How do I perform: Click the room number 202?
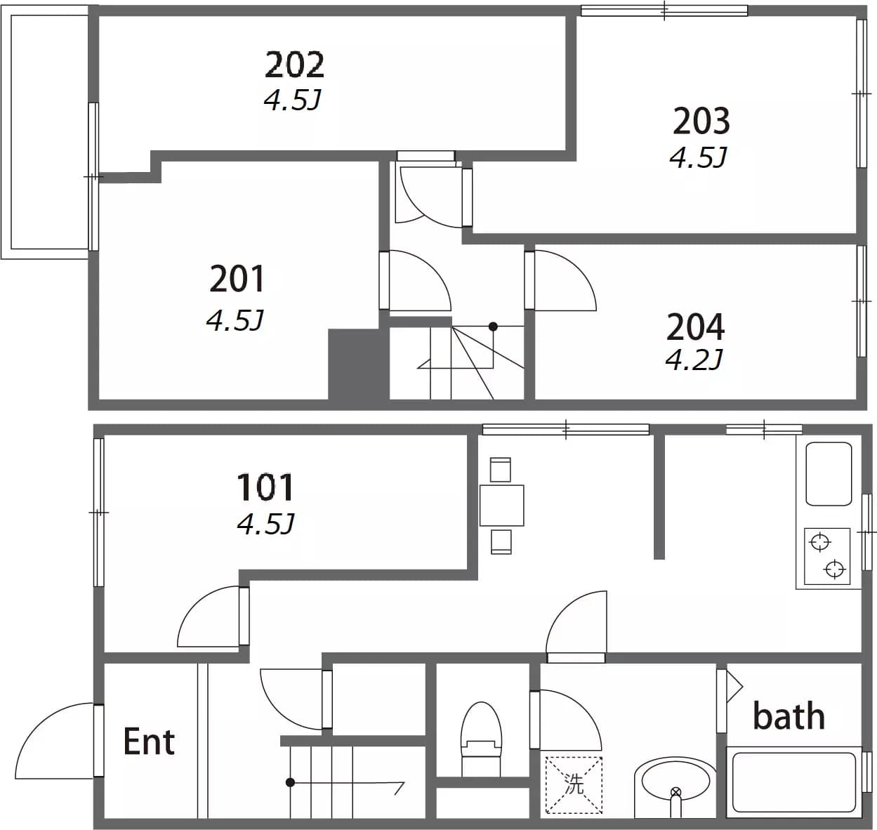click(294, 65)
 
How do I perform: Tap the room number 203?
click(701, 121)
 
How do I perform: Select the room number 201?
click(237, 279)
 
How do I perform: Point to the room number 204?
click(695, 327)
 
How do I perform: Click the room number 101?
click(265, 487)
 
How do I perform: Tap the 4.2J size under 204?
click(694, 360)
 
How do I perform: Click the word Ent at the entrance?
click(149, 742)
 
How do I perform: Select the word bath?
click(789, 716)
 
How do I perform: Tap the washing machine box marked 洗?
click(574, 784)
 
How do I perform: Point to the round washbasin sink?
click(675, 782)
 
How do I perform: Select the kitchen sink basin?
click(829, 474)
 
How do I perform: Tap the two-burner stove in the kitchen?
click(827, 556)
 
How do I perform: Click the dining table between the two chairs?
click(502, 505)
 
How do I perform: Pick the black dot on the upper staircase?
click(493, 327)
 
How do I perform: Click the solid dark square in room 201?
click(354, 364)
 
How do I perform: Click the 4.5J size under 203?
click(698, 157)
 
